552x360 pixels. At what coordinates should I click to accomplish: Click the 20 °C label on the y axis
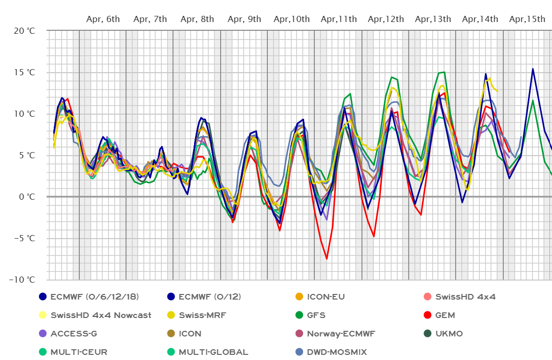24,31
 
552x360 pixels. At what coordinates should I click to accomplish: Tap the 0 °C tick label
26,197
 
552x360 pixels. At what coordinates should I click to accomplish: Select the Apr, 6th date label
103,19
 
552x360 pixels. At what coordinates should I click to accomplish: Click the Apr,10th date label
291,19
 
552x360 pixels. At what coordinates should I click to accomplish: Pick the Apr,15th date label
527,19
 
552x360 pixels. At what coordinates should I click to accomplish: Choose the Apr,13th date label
433,19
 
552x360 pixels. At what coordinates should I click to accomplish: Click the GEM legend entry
445,315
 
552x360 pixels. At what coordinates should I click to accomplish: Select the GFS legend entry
316,315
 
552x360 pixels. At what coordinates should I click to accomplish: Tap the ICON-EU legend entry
326,297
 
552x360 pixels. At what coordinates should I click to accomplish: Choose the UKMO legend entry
449,334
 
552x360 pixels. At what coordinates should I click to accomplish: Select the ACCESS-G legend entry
74,334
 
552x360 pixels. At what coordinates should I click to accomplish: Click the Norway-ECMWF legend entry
341,334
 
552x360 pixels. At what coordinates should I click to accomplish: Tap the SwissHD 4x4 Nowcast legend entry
100,315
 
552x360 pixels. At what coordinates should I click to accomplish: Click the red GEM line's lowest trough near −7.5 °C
327,259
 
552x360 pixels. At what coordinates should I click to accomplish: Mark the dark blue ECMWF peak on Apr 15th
533,69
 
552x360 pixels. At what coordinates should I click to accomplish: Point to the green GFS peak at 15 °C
444,72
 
